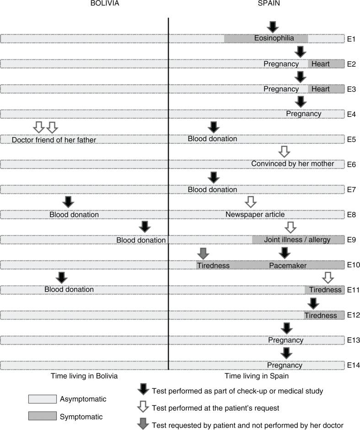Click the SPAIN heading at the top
pyautogui.click(x=273, y=4)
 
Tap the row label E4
pyautogui.click(x=352, y=114)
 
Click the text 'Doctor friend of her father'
pyautogui.click(x=54, y=140)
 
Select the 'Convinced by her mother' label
pyautogui.click(x=293, y=164)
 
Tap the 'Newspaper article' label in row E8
pyautogui.click(x=255, y=214)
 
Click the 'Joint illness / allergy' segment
pyautogui.click(x=297, y=240)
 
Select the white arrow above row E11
pyautogui.click(x=328, y=277)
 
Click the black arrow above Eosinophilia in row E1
pyautogui.click(x=273, y=27)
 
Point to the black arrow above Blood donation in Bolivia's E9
pyautogui.click(x=145, y=226)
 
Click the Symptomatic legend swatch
pyautogui.click(x=42, y=416)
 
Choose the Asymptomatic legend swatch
pyautogui.click(x=42, y=399)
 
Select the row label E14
pyautogui.click(x=352, y=365)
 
